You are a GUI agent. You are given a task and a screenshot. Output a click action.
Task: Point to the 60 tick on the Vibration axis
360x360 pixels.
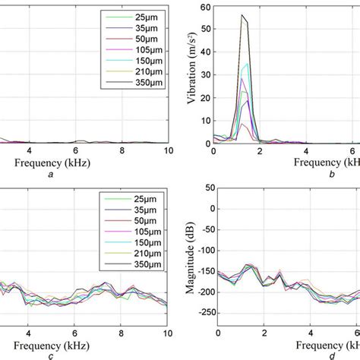tap(204, 8)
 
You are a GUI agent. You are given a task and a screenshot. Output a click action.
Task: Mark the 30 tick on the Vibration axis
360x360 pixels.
tap(204, 75)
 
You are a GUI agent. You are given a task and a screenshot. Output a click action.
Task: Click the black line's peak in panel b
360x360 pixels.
tap(242, 15)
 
